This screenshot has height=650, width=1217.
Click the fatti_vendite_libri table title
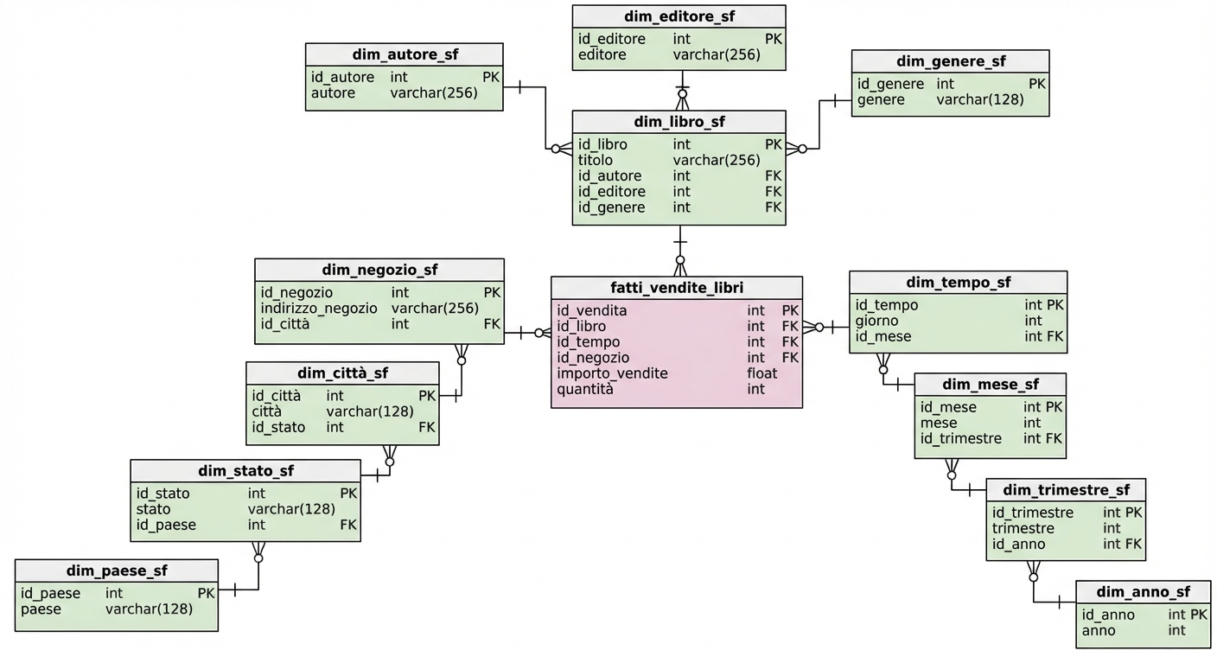[677, 288]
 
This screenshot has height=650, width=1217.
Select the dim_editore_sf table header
[679, 16]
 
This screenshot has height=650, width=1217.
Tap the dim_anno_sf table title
[1143, 592]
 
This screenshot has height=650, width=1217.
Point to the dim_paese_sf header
[117, 570]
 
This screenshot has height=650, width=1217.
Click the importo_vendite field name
[612, 373]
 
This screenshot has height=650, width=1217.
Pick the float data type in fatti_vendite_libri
[761, 373]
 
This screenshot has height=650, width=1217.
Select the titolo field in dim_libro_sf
[596, 160]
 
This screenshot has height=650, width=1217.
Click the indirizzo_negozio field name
[319, 309]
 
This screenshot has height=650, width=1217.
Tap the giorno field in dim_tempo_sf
[876, 321]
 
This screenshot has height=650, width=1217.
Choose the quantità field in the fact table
[585, 389]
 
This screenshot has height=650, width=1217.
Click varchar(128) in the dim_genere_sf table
[979, 99]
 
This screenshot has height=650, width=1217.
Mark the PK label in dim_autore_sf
[491, 77]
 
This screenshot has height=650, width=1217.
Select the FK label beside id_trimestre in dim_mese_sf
[1054, 438]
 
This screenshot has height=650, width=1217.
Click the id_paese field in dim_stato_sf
[166, 525]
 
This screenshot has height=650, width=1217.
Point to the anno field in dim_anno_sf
[1098, 630]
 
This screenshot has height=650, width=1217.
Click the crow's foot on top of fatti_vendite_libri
[680, 265]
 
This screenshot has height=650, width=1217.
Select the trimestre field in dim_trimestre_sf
[1023, 528]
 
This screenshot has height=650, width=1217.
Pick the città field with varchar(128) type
[267, 411]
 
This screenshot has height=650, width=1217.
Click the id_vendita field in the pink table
[592, 311]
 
